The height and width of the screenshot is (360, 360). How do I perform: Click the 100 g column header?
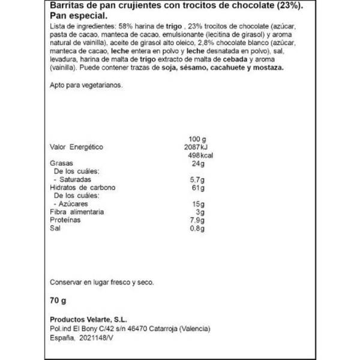click(197, 139)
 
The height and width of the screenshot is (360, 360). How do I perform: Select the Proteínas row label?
click(65, 220)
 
